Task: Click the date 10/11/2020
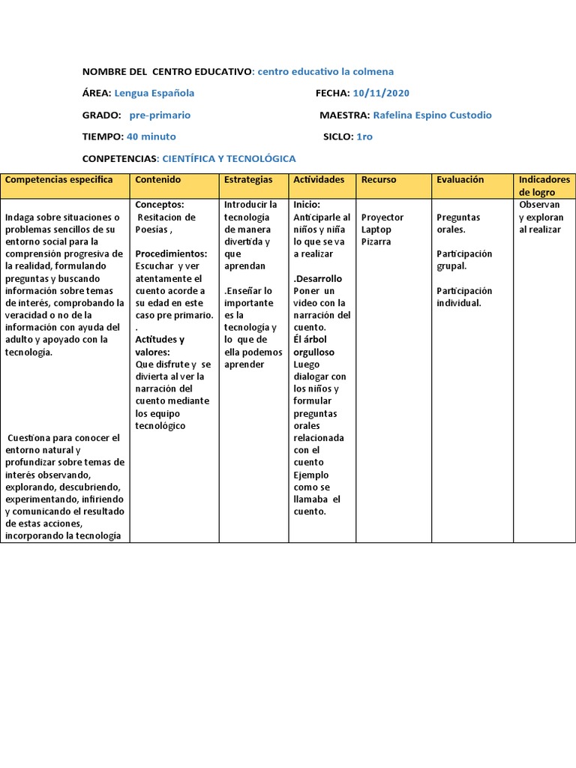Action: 382,93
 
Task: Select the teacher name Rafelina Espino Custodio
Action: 432,115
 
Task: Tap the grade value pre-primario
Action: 160,115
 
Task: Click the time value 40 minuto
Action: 151,136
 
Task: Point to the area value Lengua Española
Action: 154,93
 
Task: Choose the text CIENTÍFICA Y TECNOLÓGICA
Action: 229,158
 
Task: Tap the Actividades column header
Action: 319,180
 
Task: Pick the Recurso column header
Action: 379,180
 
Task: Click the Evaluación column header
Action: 460,180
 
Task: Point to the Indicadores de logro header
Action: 544,186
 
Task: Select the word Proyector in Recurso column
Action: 382,217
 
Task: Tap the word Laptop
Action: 376,229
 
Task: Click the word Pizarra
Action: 376,241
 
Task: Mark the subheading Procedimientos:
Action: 171,253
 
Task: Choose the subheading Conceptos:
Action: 160,205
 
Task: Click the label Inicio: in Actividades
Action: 307,205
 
